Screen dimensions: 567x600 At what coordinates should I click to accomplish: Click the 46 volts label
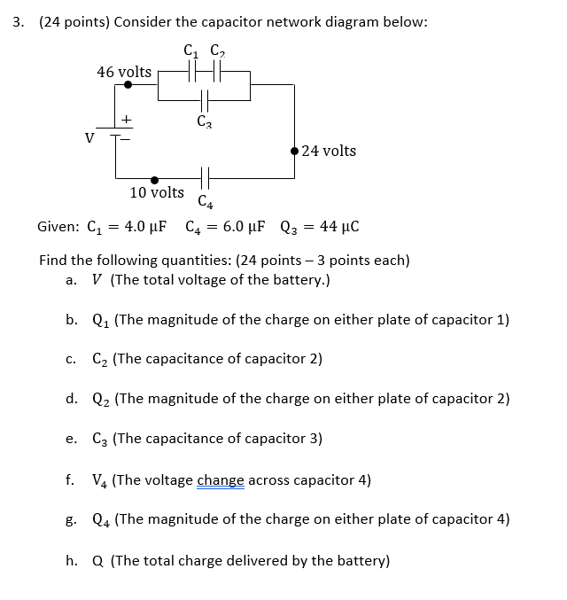(x=124, y=71)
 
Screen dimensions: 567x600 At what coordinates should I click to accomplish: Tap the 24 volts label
(x=329, y=151)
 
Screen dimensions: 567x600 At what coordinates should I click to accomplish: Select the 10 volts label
(x=157, y=192)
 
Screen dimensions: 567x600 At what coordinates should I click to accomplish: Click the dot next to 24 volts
(x=294, y=151)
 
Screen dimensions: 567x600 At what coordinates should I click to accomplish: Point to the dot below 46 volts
(x=128, y=86)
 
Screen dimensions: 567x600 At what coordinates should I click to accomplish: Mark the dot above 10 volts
(x=155, y=178)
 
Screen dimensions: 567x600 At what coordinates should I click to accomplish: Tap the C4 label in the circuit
(x=205, y=200)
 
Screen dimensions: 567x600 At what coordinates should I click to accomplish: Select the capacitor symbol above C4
(x=205, y=178)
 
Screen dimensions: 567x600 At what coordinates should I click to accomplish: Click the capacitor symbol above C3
(x=205, y=100)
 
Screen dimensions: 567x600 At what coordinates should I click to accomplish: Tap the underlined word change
(x=221, y=480)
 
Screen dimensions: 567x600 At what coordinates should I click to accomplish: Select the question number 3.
(x=17, y=21)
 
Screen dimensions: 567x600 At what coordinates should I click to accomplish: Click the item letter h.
(x=70, y=560)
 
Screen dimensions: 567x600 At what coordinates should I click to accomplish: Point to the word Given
(x=56, y=227)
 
